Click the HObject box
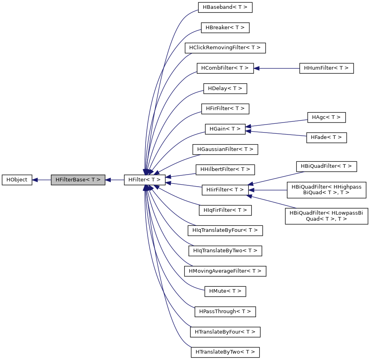[x=17, y=180]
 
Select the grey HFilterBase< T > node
[x=78, y=180]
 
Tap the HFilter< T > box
[x=144, y=180]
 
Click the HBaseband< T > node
[x=225, y=7]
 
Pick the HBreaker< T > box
[x=225, y=28]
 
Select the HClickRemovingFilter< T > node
[x=225, y=48]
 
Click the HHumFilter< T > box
[x=326, y=68]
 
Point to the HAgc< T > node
[x=326, y=117]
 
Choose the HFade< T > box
[x=326, y=137]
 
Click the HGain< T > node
[x=225, y=129]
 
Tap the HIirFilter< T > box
[x=225, y=189]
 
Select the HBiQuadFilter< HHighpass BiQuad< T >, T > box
[x=326, y=189]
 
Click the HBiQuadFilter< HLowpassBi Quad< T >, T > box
[x=326, y=216]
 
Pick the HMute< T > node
[x=225, y=291]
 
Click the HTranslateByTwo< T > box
[x=225, y=352]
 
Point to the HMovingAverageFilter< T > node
[x=225, y=271]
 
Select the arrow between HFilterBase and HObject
[x=42, y=180]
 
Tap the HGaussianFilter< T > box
[x=225, y=149]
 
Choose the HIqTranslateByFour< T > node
[x=225, y=230]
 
